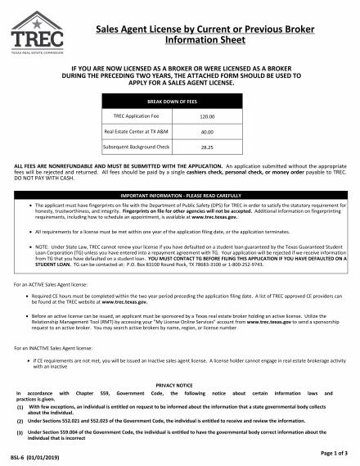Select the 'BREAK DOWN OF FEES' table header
[x=180, y=102]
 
